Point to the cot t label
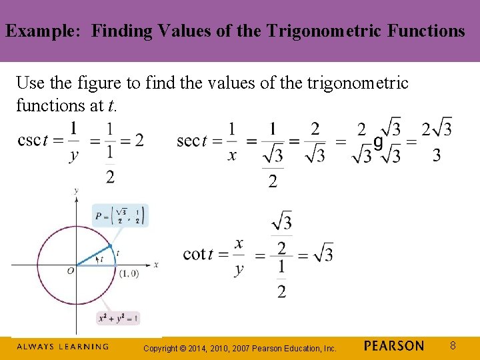pos(198,253)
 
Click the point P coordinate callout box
pos(120,216)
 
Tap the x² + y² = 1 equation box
pos(119,318)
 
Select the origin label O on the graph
pos(70,270)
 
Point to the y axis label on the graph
pos(77,191)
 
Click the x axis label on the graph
pos(155,265)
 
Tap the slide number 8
pos(452,346)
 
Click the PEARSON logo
pos(394,346)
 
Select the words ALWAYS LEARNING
pos(62,347)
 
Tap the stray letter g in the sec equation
pos(378,142)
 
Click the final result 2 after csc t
pos(139,140)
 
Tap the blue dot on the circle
pos(109,246)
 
